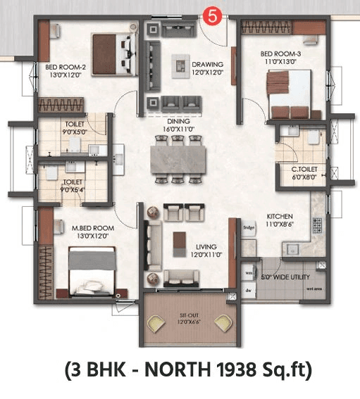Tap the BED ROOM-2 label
tap(66, 68)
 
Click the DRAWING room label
tap(207, 63)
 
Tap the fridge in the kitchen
tap(249, 228)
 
